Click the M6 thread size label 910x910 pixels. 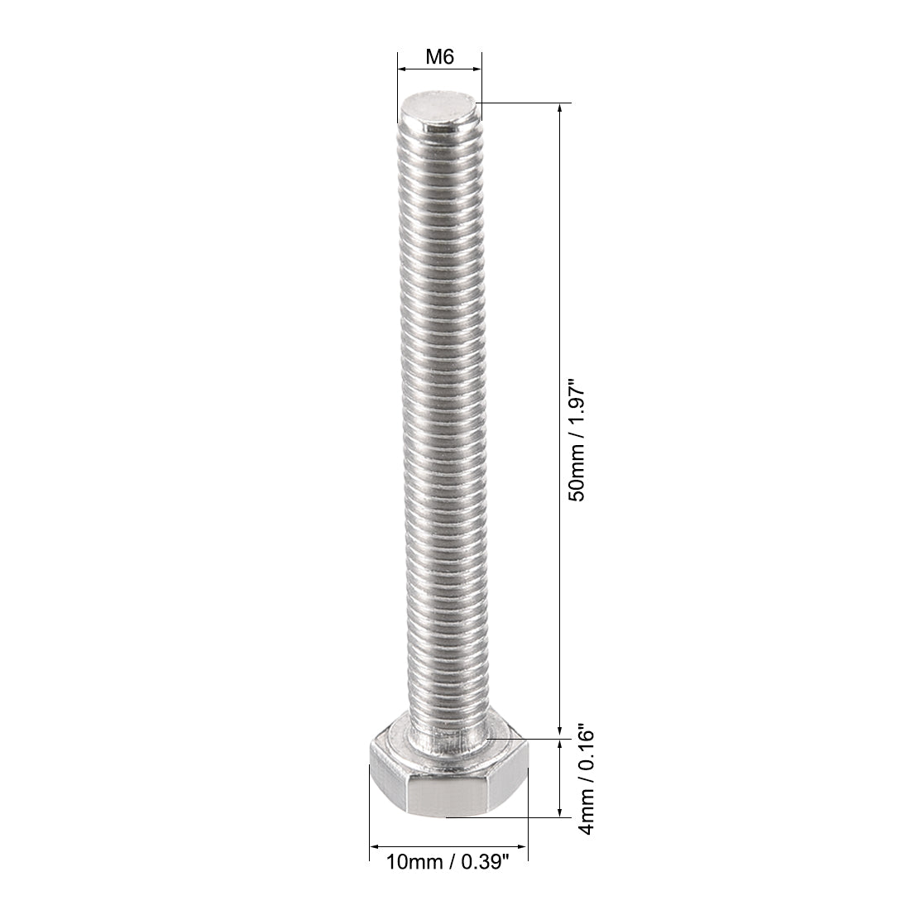tap(440, 57)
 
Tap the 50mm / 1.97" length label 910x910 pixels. tap(577, 437)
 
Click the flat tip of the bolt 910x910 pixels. tap(439, 108)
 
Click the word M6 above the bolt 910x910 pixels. tap(440, 57)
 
